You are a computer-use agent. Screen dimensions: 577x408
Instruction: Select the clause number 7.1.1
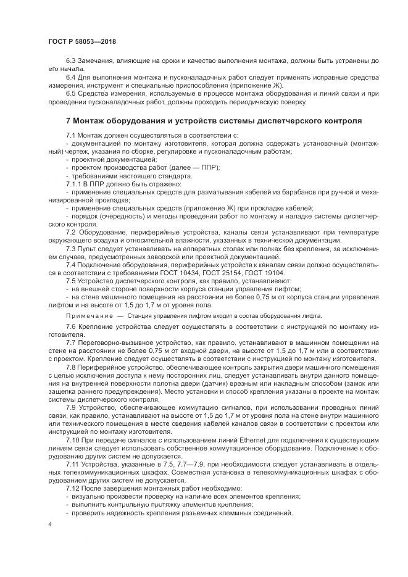click(75, 184)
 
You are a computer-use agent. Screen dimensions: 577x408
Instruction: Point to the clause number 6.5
click(71, 93)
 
